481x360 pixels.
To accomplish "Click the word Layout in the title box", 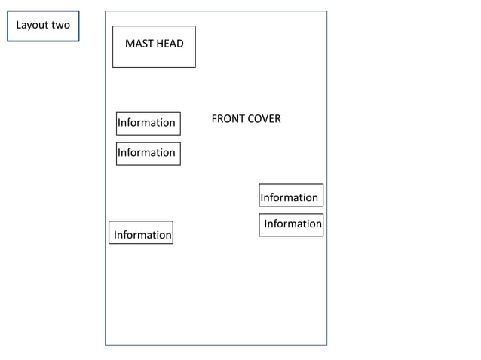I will (x=32, y=25).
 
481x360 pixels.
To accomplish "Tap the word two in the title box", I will (x=60, y=25).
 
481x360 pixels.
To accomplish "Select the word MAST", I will (x=139, y=44).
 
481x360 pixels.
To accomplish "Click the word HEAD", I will (x=170, y=44).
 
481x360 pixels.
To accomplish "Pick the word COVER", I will (x=264, y=119).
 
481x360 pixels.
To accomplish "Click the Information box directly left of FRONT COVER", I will (x=148, y=123).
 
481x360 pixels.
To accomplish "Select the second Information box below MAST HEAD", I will (x=148, y=153).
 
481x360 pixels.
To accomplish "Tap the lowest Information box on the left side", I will (x=141, y=233).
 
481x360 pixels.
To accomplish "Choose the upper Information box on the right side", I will (x=290, y=196).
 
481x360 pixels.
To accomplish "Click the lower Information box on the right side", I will (x=291, y=224).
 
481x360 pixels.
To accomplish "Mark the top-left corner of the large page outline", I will (x=106, y=11).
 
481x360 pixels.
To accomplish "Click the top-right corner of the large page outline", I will (x=326, y=11).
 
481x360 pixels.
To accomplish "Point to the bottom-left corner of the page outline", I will (x=106, y=345).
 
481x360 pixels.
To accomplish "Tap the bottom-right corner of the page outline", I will (x=326, y=345).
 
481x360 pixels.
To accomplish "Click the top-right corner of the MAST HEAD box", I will (x=195, y=26).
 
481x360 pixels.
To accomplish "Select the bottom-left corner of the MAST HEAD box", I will (x=113, y=67).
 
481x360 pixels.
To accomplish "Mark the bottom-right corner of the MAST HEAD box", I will (x=195, y=67).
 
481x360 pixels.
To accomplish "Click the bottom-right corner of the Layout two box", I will (x=79, y=41).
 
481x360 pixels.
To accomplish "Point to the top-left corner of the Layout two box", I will (x=8, y=11).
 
